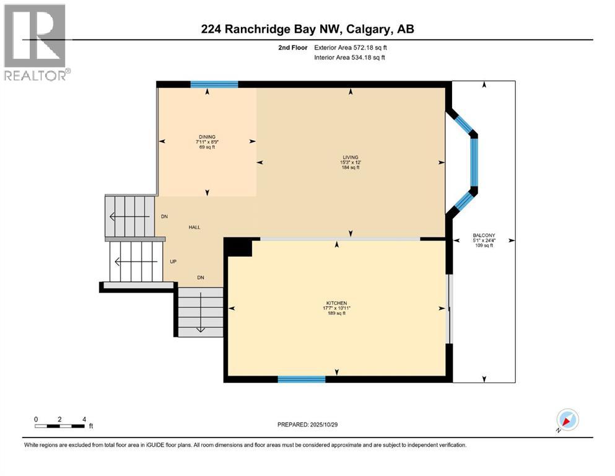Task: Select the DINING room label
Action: click(207, 136)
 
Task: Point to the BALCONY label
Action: click(483, 236)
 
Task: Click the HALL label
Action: click(194, 227)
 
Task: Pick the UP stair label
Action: click(174, 262)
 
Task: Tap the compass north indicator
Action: click(567, 420)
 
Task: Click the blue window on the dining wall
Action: click(214, 84)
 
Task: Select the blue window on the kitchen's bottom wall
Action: click(302, 379)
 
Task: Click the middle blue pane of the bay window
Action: click(474, 162)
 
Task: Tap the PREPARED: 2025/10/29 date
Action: click(308, 425)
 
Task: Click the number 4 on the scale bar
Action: click(83, 419)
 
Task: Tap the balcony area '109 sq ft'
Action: click(483, 246)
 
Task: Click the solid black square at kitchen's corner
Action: click(238, 247)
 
